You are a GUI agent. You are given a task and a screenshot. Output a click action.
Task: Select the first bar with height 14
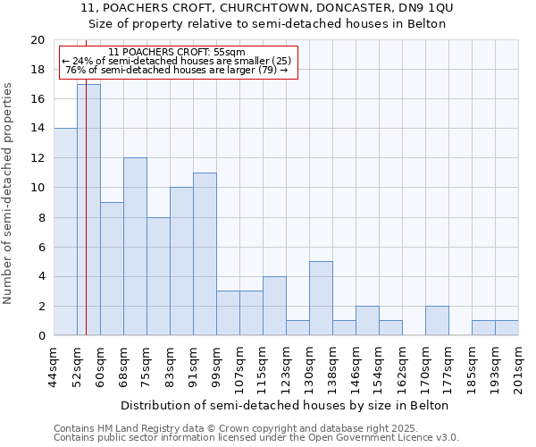point(65,232)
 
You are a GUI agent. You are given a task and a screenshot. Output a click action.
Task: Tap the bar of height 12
point(135,247)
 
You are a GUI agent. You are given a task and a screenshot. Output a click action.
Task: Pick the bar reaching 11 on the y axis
point(205,254)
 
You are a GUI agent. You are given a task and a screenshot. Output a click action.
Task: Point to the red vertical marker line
point(87,223)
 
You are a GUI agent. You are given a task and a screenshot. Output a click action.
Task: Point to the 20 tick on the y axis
point(38,40)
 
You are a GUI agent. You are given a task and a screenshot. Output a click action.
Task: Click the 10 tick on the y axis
point(38,188)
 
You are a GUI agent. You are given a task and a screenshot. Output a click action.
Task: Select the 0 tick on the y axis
point(41,335)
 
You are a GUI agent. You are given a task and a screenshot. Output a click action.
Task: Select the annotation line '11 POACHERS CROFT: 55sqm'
point(176,52)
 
